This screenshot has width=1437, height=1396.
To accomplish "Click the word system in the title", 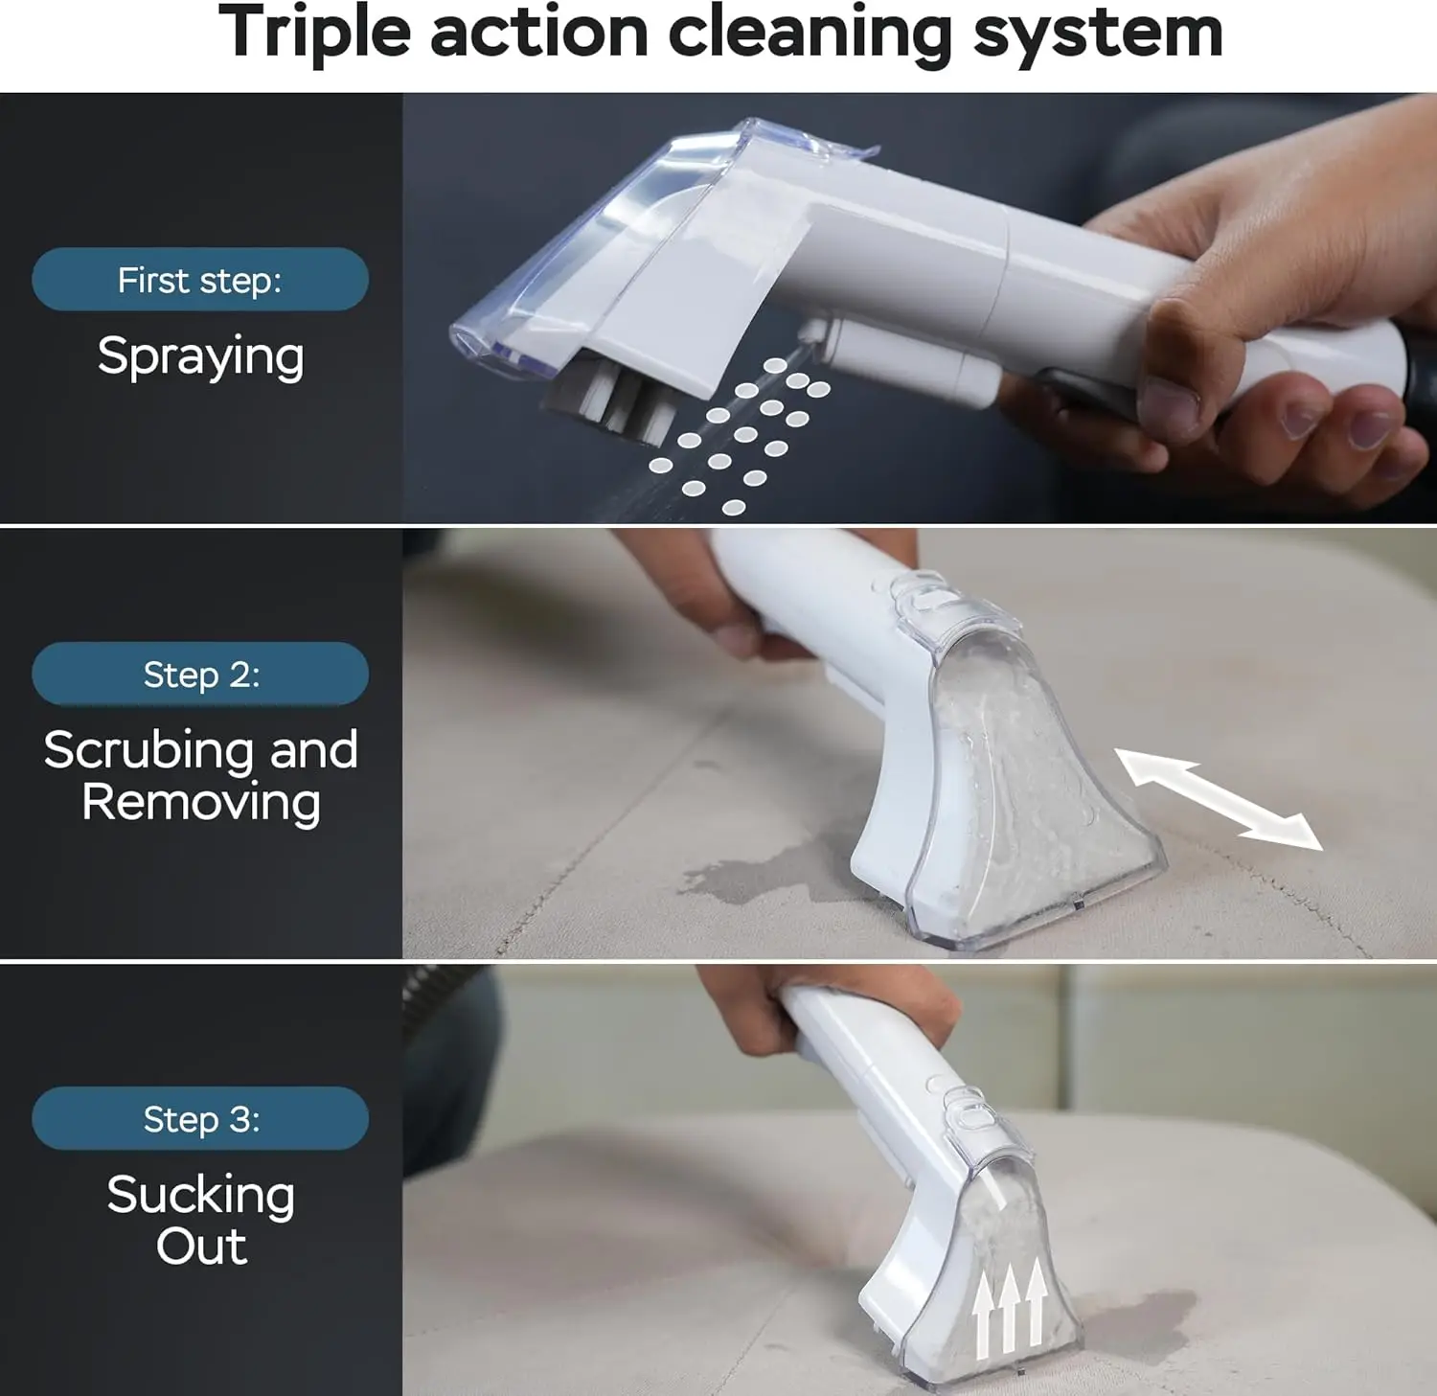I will click(1098, 34).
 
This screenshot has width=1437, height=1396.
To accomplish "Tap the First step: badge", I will click(200, 280).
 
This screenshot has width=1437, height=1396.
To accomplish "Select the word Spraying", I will click(200, 357).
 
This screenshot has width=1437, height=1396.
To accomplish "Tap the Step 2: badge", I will click(200, 675).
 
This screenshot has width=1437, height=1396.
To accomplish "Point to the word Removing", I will click(200, 803).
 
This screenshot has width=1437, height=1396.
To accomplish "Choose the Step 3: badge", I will click(200, 1118).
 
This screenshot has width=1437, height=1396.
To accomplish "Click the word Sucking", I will click(200, 1195).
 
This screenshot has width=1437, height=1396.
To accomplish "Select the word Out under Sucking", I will click(201, 1247).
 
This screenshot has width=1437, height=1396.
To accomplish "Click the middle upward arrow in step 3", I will click(1008, 1308).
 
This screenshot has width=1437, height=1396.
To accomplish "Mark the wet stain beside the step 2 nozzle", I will click(757, 872).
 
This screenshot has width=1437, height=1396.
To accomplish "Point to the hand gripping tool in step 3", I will click(862, 1006).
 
